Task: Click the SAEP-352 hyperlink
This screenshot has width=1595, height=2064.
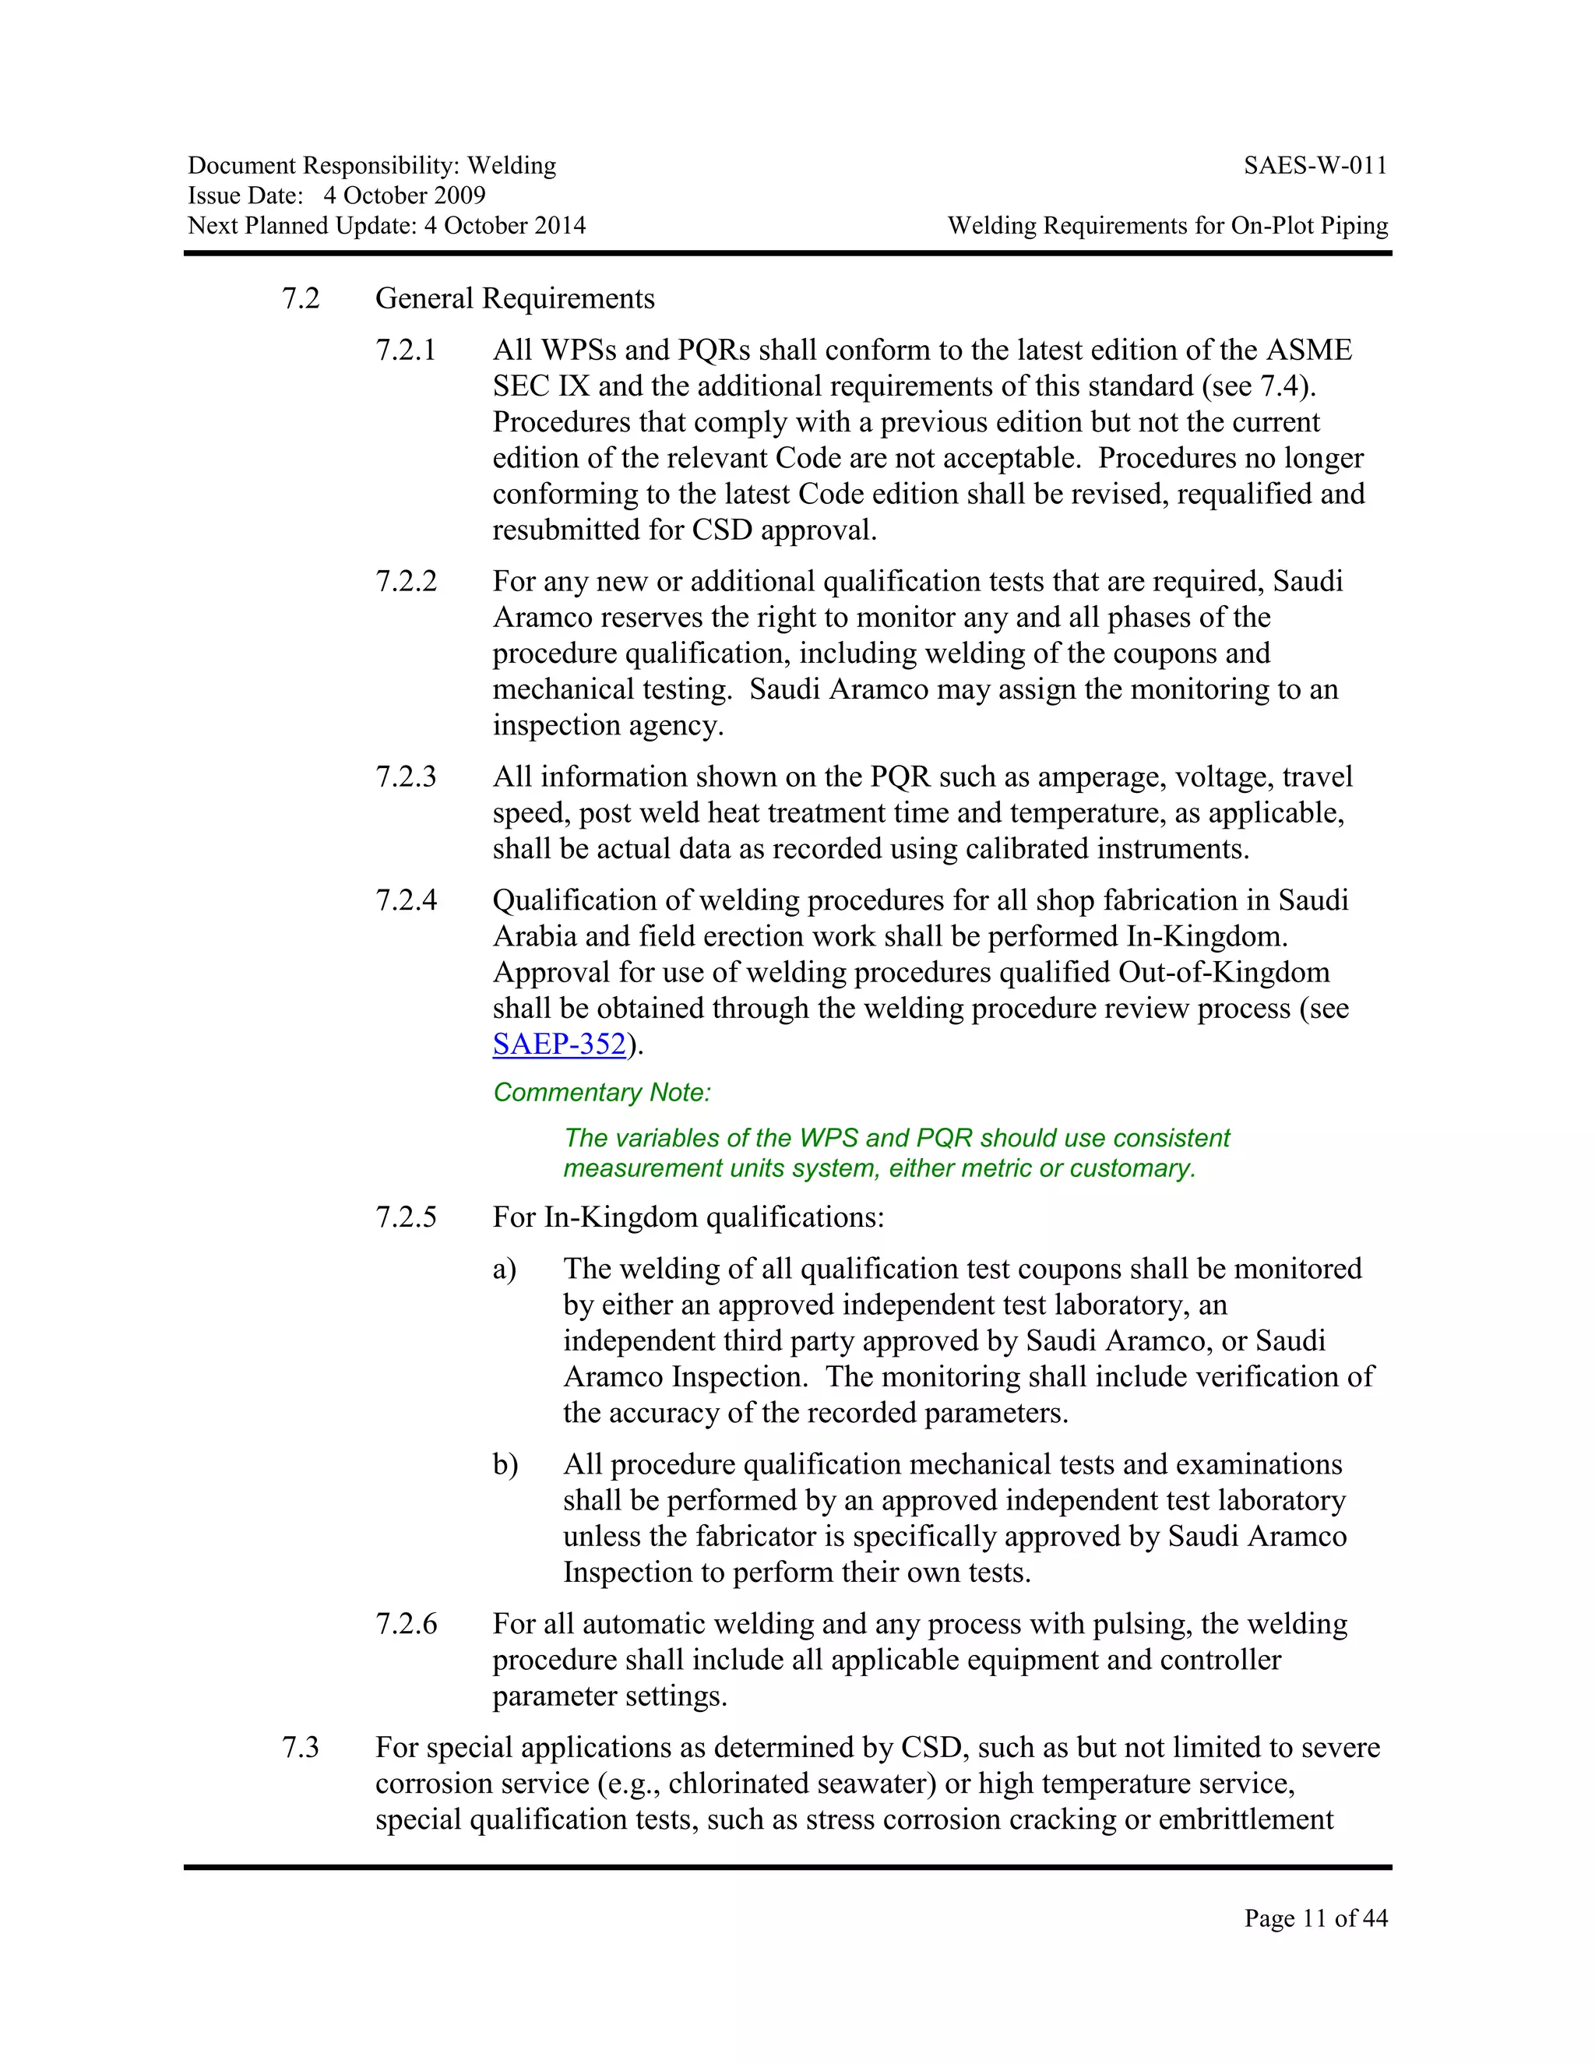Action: [x=559, y=1044]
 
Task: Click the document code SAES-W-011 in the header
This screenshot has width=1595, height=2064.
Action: [x=1315, y=167]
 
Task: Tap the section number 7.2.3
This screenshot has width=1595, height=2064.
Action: [x=407, y=777]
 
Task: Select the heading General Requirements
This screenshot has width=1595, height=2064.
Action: [x=515, y=298]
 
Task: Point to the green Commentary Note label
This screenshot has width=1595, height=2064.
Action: [x=602, y=1093]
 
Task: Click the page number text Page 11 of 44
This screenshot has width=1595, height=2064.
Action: [x=1315, y=1918]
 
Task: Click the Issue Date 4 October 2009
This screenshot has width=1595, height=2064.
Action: [x=403, y=195]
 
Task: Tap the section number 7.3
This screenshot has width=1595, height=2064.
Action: [x=301, y=1748]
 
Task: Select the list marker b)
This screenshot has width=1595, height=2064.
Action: [x=505, y=1465]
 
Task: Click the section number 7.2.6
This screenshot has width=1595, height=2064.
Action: [x=407, y=1624]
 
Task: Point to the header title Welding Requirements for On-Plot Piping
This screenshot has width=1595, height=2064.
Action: [x=1168, y=226]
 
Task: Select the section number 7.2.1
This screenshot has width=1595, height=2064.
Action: [x=407, y=350]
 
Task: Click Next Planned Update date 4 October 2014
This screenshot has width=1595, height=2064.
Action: [x=505, y=226]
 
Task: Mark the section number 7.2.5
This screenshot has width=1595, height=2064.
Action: [x=407, y=1217]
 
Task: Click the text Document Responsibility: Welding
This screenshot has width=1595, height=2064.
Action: [x=371, y=167]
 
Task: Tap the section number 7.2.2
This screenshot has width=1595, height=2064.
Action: [x=407, y=581]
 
